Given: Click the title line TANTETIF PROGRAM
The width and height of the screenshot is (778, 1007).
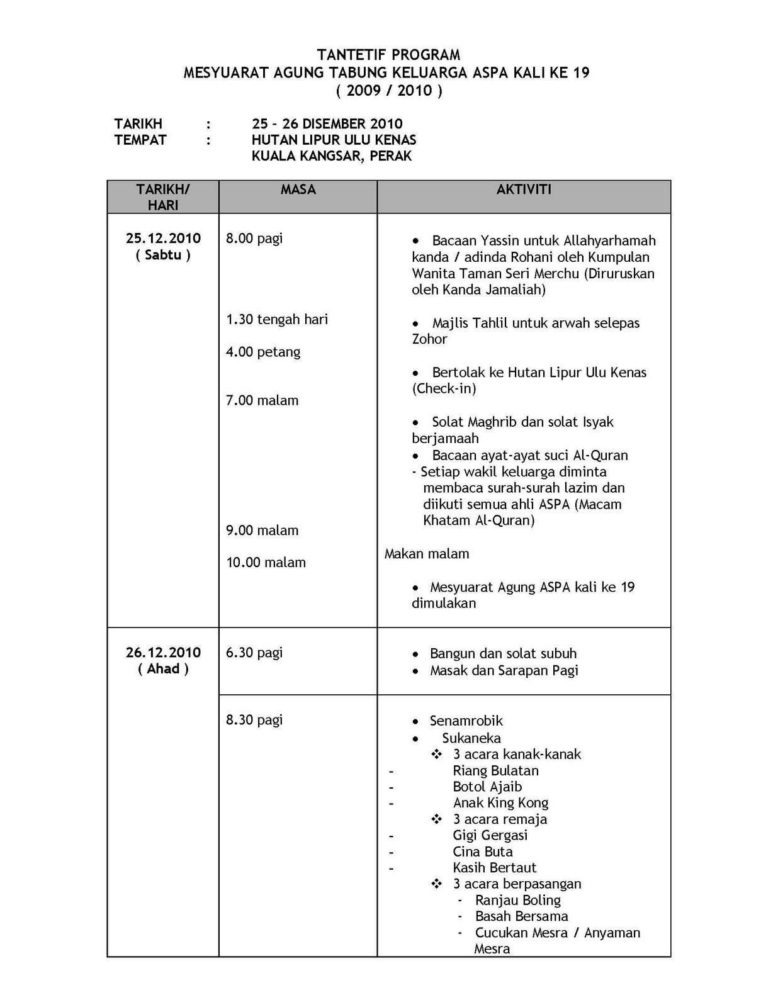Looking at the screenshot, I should (x=388, y=55).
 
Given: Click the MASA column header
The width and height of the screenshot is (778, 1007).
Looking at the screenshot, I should (x=298, y=189).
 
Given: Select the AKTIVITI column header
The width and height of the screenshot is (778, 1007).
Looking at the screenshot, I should (x=524, y=189).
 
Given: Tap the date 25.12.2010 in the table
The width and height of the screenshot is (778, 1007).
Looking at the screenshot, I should (x=163, y=238).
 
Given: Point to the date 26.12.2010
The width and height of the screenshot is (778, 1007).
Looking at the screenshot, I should (x=163, y=652).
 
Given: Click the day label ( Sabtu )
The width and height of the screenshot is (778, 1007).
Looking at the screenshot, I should (x=163, y=255).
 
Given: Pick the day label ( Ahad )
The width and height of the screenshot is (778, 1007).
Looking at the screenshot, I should (x=163, y=668).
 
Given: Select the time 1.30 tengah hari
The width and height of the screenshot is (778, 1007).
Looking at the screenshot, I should (x=277, y=319).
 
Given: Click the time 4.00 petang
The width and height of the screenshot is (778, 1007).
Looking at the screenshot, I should (x=263, y=352).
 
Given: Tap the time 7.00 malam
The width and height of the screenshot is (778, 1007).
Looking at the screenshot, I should (x=262, y=400).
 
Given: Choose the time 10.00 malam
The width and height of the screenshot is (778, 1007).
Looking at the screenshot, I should (x=266, y=563).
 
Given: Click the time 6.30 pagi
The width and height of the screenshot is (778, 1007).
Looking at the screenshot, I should (x=254, y=653).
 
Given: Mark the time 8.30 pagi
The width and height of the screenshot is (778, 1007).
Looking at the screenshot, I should (x=254, y=719).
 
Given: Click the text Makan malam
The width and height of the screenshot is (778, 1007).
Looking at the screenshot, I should (x=427, y=554).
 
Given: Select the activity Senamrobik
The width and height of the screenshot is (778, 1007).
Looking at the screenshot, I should (x=466, y=721).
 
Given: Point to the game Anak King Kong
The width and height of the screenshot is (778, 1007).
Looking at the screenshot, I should (x=500, y=803).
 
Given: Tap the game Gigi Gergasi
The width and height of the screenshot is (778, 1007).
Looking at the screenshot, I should (x=490, y=835).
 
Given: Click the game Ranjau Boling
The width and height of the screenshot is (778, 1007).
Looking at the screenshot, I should (x=517, y=900).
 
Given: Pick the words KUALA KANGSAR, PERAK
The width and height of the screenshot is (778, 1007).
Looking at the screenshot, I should (x=332, y=155).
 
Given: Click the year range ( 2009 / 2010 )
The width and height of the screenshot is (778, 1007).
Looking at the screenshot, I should (x=388, y=91).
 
